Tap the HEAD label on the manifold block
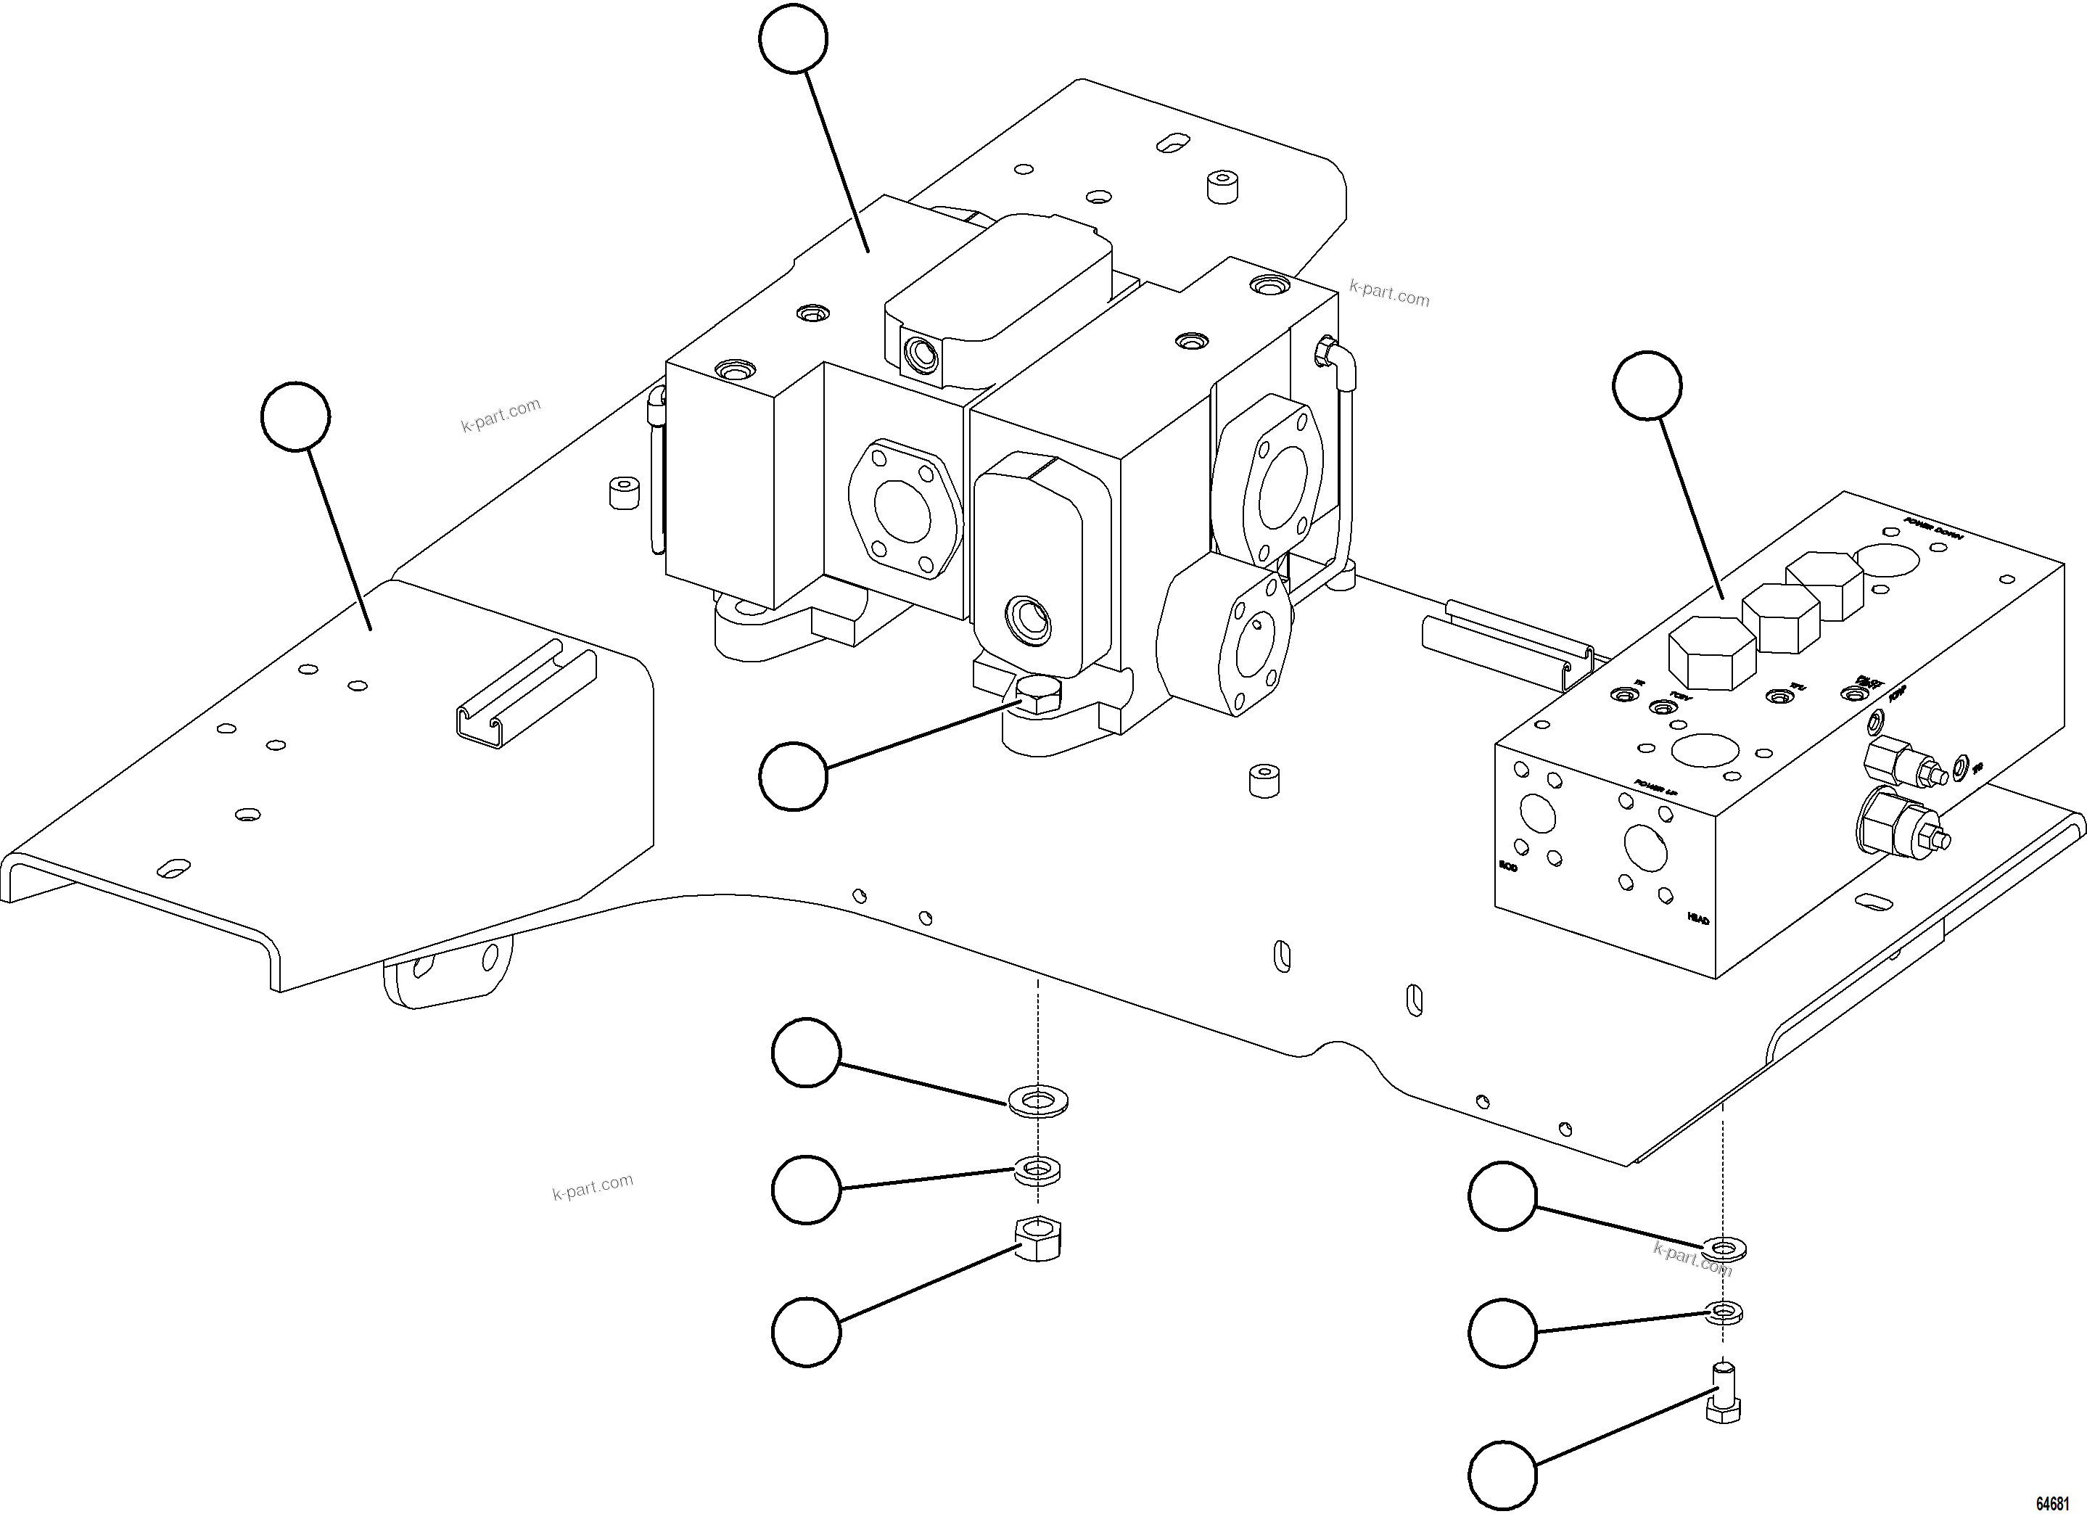tap(1697, 918)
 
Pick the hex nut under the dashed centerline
tap(1038, 1238)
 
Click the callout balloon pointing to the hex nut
tap(806, 1332)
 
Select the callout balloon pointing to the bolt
tap(1502, 1476)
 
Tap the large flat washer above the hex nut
tap(1038, 1100)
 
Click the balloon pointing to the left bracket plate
tap(295, 417)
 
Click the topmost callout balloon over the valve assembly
tap(793, 38)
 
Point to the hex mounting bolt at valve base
tap(1039, 696)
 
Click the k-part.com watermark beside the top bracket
tap(1388, 294)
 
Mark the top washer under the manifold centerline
tap(1724, 1250)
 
